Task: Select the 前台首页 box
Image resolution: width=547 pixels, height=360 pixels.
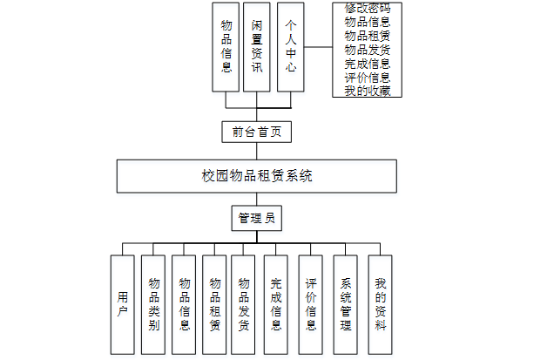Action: point(255,132)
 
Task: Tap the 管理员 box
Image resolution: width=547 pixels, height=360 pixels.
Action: point(256,218)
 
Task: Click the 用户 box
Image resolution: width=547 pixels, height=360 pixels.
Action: point(123,304)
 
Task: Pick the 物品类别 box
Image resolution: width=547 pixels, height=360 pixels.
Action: point(153,304)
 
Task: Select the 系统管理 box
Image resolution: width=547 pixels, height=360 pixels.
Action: point(346,304)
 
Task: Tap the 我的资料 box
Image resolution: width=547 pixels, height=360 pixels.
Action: point(380,304)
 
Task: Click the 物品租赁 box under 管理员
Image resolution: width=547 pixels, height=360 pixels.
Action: point(214,304)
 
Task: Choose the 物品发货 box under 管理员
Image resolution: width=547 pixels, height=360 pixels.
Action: point(244,304)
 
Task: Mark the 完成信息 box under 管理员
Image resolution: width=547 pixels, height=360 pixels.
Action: point(276,304)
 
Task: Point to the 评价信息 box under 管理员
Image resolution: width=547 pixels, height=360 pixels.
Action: point(311,304)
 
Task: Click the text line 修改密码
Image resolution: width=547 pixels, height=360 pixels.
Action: point(367,9)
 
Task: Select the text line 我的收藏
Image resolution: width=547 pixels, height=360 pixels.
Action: point(367,91)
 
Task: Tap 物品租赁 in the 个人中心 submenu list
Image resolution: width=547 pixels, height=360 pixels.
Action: point(367,36)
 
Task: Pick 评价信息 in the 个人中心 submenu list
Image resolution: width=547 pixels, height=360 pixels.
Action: point(367,77)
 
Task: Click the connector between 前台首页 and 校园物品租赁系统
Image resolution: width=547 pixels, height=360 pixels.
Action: point(255,151)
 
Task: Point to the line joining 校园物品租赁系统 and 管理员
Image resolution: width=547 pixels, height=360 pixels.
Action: point(255,200)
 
